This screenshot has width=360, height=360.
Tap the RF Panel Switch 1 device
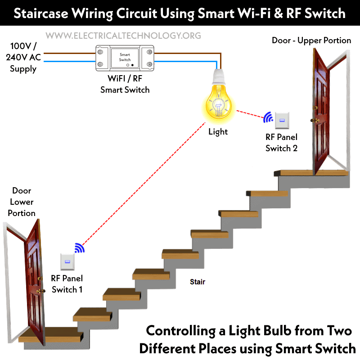pyautogui.click(x=67, y=262)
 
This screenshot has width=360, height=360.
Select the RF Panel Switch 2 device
pyautogui.click(x=282, y=120)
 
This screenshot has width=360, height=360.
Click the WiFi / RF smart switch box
pyautogui.click(x=125, y=58)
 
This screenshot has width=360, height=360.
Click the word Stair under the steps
pyautogui.click(x=198, y=282)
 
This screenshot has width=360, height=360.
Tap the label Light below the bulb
pyautogui.click(x=218, y=132)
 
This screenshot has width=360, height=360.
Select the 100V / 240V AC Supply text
pyautogui.click(x=23, y=58)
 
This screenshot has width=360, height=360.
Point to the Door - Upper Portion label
pyautogui.click(x=311, y=40)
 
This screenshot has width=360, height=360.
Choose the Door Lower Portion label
pyautogui.click(x=22, y=202)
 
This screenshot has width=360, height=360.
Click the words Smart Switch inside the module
pyautogui.click(x=125, y=57)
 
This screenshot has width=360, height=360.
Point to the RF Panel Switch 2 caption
pyautogui.click(x=281, y=143)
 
